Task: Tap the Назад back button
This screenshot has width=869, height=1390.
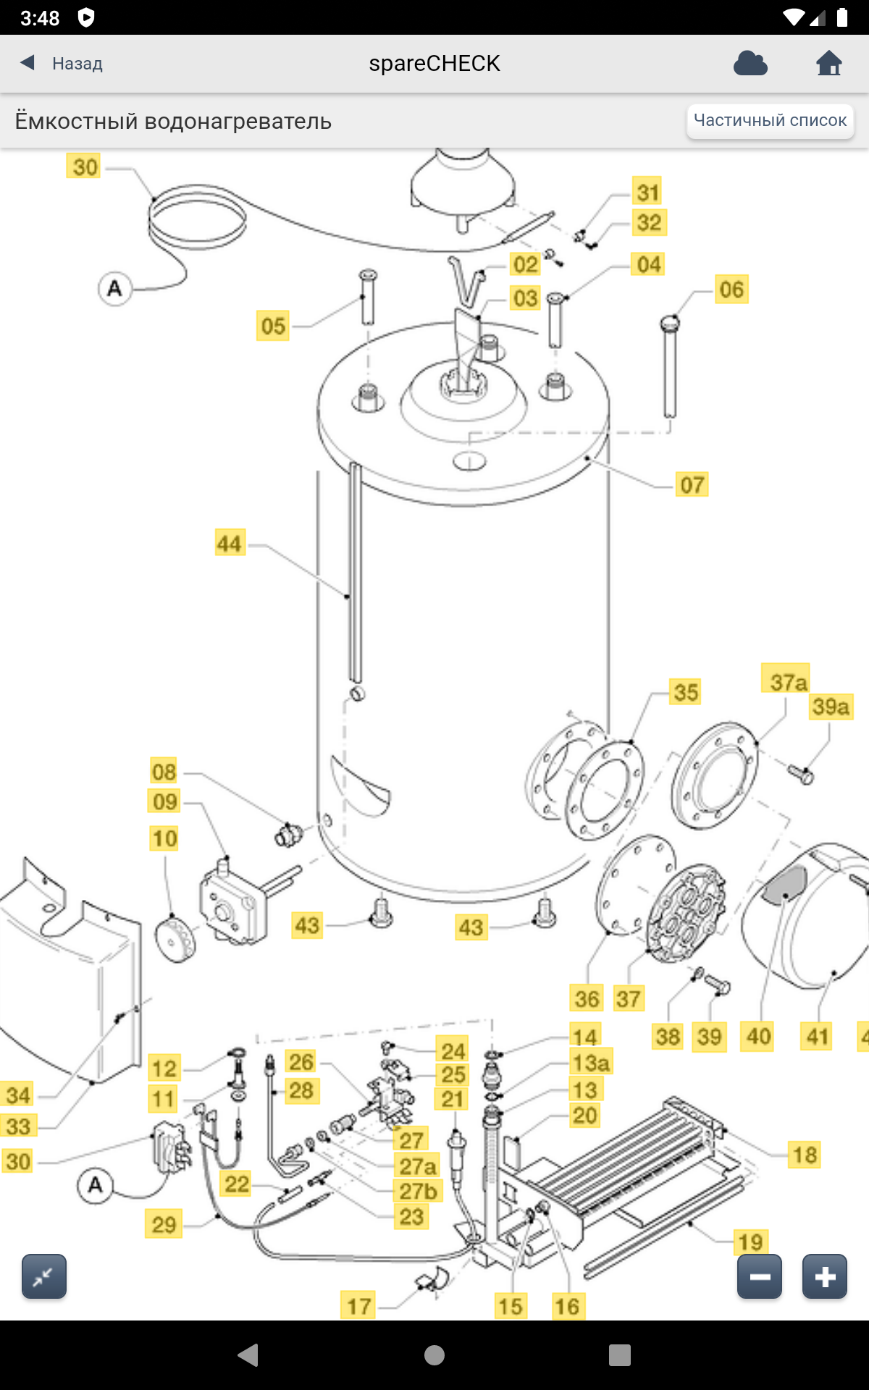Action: point(62,64)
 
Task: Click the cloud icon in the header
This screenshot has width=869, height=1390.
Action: point(750,64)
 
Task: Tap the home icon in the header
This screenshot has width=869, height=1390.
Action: point(829,64)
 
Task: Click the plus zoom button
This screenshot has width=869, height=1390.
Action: point(824,1276)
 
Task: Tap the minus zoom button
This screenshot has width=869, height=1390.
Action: point(760,1276)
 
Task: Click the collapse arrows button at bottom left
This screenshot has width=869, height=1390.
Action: point(44,1276)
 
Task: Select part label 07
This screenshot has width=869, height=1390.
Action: point(692,484)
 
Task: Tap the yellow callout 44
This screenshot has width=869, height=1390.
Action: point(230,543)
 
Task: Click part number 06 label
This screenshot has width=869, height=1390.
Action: point(731,290)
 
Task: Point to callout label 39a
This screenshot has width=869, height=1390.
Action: point(831,707)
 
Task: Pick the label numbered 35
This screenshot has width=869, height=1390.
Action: point(686,692)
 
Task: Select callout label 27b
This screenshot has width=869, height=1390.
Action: point(419,1191)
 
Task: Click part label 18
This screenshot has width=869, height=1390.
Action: point(805,1155)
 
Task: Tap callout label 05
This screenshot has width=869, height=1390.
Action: point(273,326)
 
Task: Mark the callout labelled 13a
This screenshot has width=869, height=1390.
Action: point(591,1063)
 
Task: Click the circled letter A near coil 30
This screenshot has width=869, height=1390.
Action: point(114,288)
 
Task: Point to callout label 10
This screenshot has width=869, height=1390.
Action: point(164,838)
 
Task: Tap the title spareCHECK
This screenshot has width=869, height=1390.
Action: point(434,64)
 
